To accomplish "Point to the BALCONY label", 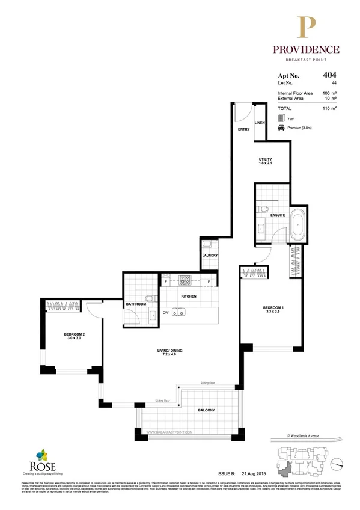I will click(206, 410).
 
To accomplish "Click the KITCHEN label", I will click(189, 297).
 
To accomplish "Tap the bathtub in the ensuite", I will click(298, 224).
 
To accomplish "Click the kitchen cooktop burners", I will click(184, 280).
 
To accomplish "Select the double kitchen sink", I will click(178, 312).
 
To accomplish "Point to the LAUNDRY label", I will click(210, 256).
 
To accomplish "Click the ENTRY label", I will click(243, 129).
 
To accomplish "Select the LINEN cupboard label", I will click(260, 123).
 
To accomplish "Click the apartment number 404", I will click(329, 76).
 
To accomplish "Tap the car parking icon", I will click(281, 129).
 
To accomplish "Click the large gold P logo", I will click(308, 28).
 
